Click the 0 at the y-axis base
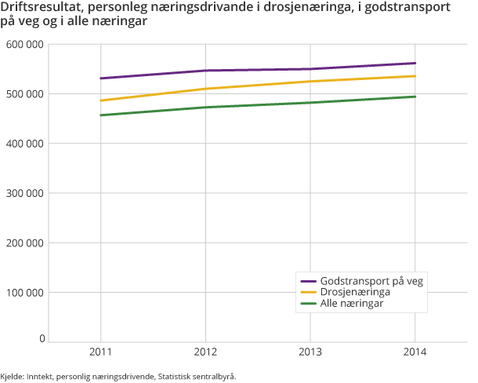(41, 338)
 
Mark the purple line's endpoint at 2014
(415, 63)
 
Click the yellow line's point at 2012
(205, 89)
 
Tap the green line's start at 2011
(100, 115)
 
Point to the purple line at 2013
(310, 69)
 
